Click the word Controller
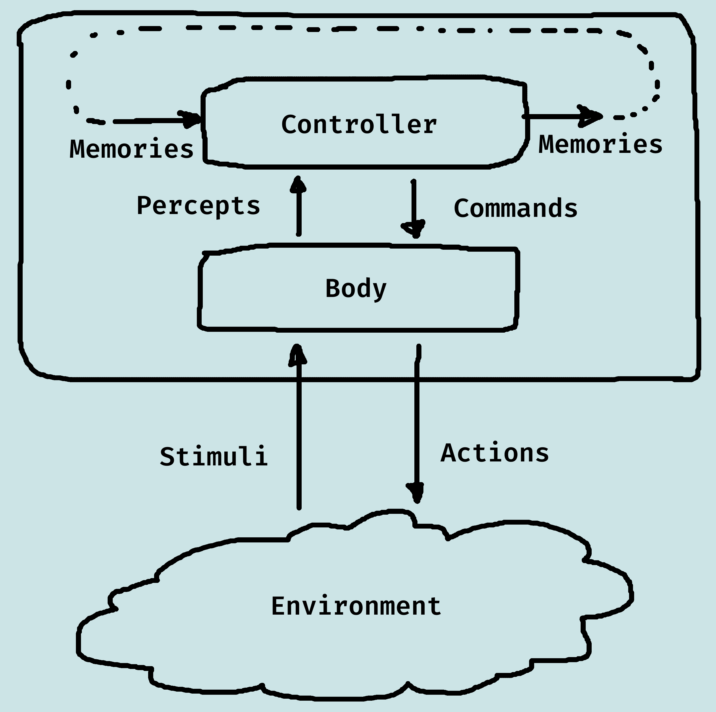[359, 125]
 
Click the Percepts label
[198, 206]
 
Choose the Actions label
[495, 453]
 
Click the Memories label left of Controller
[132, 149]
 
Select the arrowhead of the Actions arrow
[417, 493]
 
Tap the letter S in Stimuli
[167, 457]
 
